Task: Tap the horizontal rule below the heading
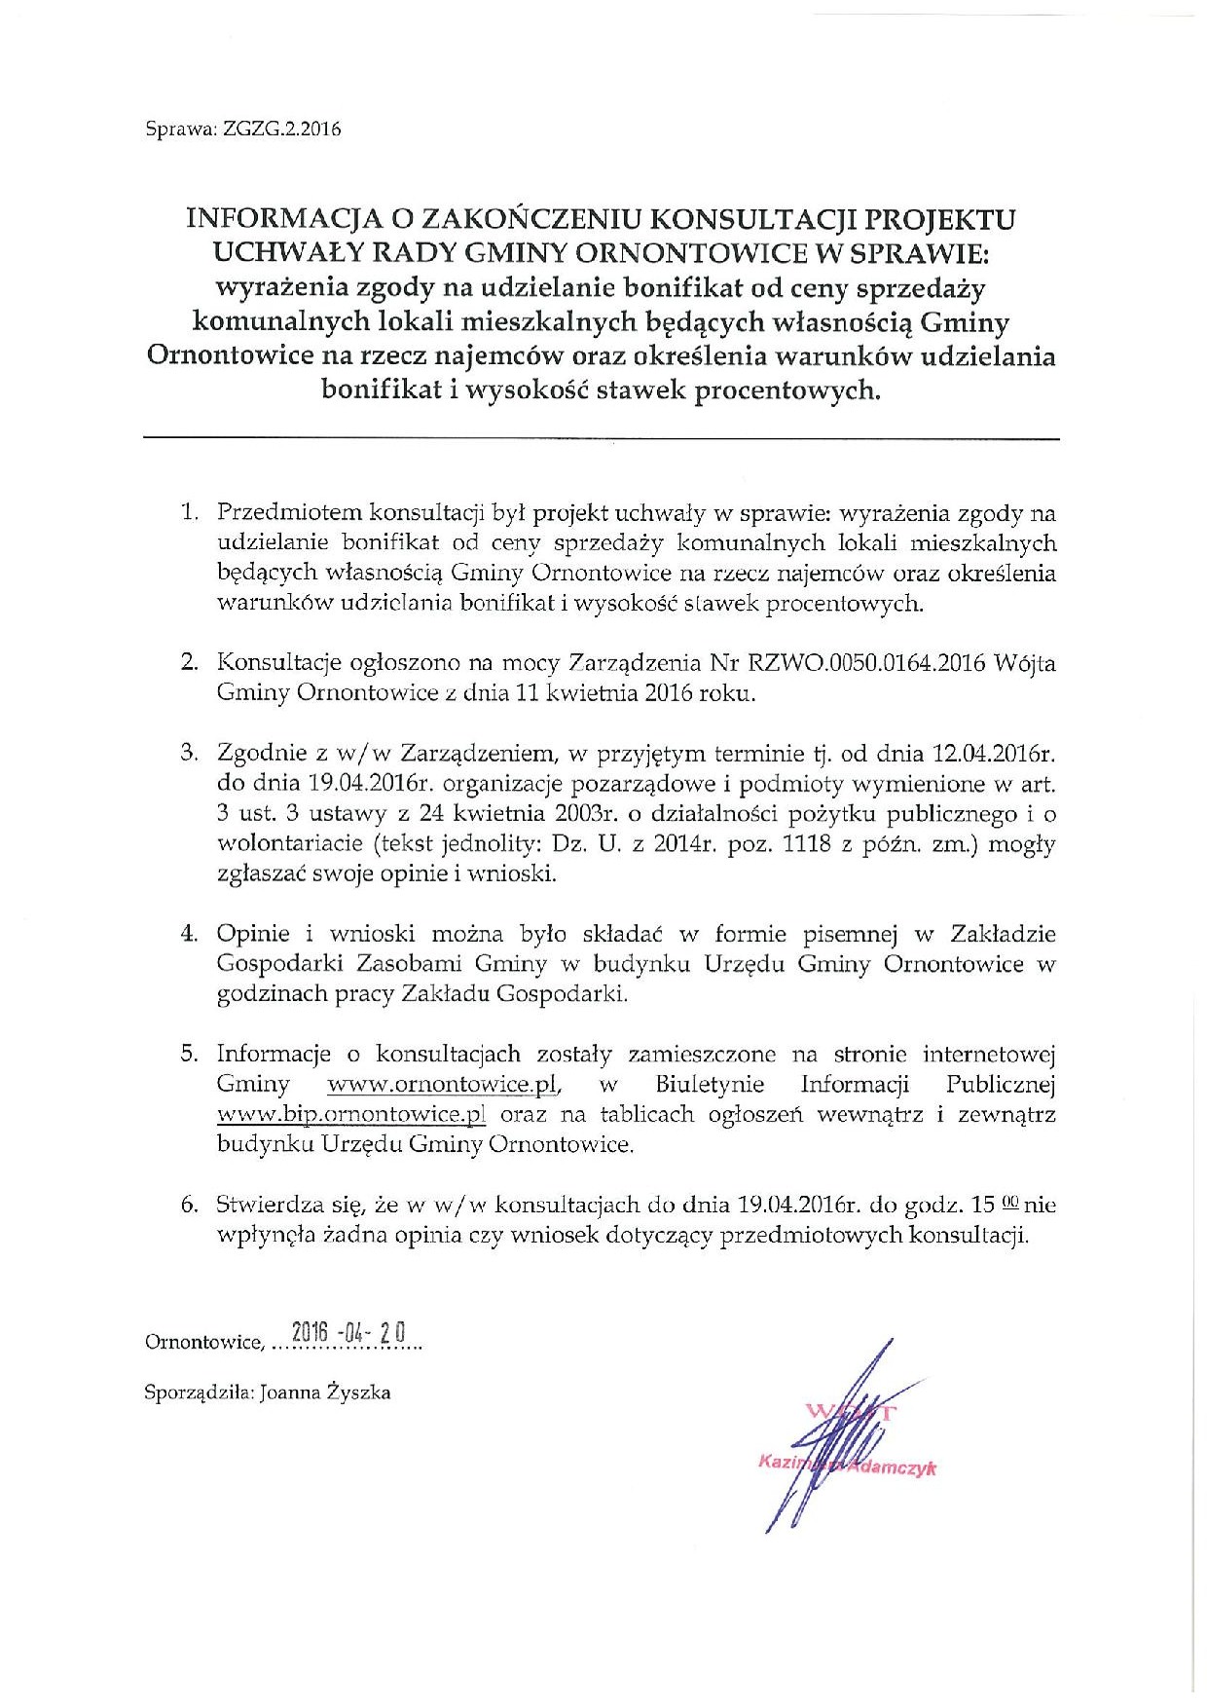tap(601, 440)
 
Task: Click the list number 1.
tap(189, 512)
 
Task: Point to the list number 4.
tap(189, 933)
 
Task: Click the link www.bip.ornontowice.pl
tap(351, 1114)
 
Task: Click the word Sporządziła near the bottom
tap(198, 1392)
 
